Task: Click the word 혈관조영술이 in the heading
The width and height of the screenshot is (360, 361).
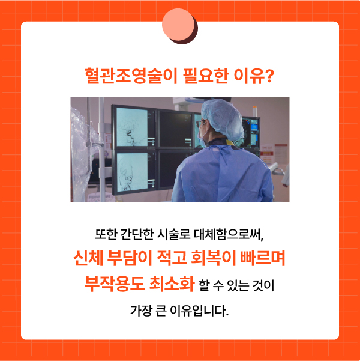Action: pyautogui.click(x=131, y=76)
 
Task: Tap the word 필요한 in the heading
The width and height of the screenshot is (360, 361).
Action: pyautogui.click(x=206, y=76)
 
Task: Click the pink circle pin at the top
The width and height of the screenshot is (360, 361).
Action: pyautogui.click(x=179, y=25)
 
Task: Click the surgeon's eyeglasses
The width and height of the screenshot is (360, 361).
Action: pyautogui.click(x=200, y=124)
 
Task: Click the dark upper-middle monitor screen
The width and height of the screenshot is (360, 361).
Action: pyautogui.click(x=175, y=129)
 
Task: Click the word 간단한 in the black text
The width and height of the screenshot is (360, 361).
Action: pyautogui.click(x=137, y=235)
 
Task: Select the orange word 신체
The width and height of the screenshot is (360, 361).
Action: pyautogui.click(x=88, y=258)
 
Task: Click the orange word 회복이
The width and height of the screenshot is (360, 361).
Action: pyautogui.click(x=214, y=258)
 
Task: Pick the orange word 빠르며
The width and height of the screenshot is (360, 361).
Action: pyautogui.click(x=262, y=258)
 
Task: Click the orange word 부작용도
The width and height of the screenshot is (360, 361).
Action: pyautogui.click(x=115, y=283)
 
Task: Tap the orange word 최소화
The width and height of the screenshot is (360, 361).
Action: pyautogui.click(x=172, y=283)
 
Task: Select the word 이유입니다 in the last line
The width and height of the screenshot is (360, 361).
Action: pyautogui.click(x=199, y=311)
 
